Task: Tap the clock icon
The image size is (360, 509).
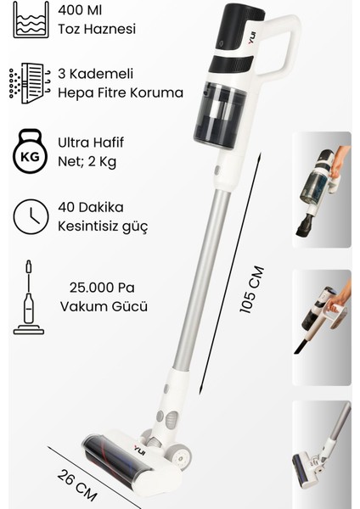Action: [31, 216]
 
